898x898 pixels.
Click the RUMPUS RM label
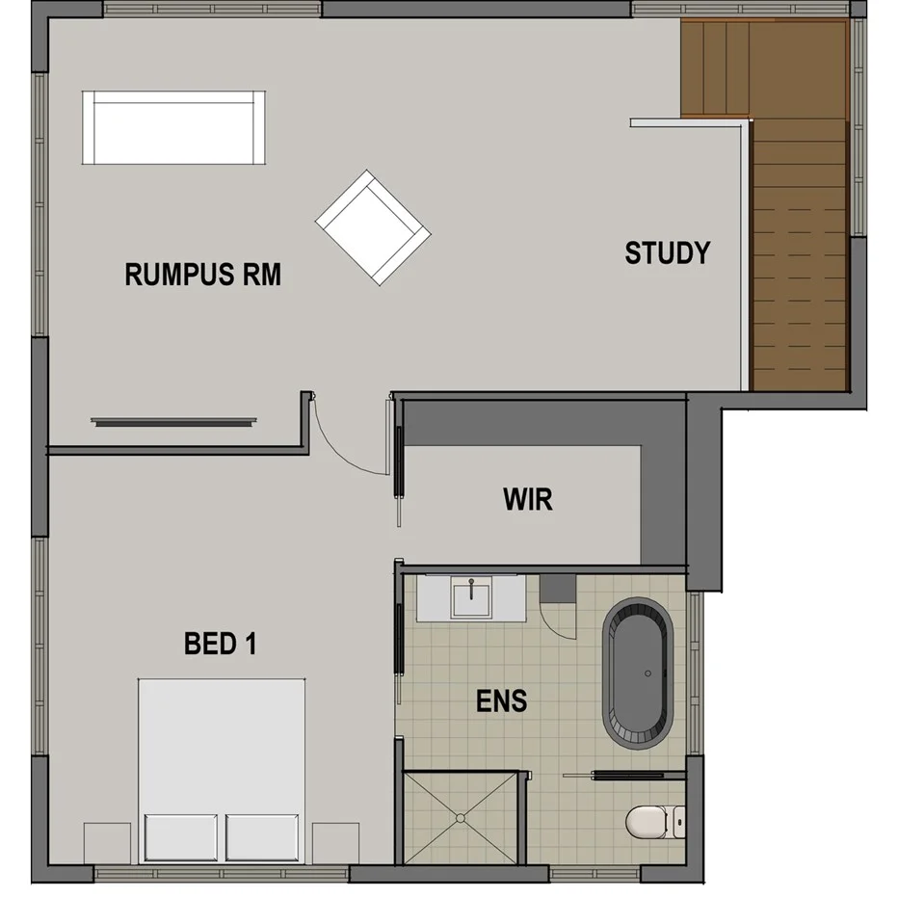203,275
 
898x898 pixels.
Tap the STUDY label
667,253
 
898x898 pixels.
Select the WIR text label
528,499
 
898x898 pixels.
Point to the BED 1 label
220,644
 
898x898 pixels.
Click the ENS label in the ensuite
502,701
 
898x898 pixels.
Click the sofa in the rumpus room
173,128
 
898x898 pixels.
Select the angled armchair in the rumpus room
373,227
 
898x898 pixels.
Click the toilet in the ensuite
654,823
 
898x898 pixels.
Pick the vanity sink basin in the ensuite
472,597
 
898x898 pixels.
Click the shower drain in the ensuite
461,818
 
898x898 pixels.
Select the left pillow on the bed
182,836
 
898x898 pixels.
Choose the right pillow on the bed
262,836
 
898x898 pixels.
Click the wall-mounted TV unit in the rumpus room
174,421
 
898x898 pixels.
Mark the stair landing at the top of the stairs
715,67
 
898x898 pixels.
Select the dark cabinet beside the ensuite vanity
557,586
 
